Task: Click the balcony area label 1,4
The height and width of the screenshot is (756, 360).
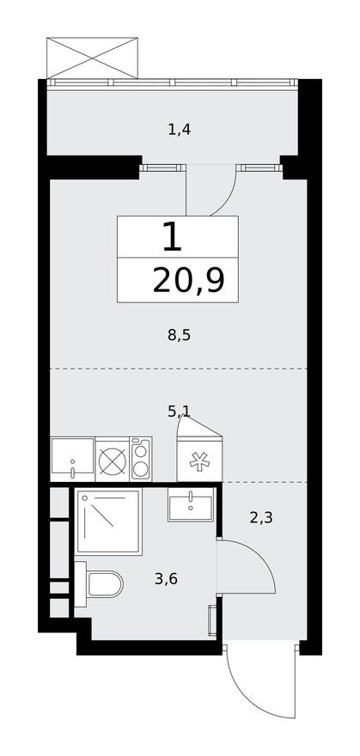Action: pos(179,131)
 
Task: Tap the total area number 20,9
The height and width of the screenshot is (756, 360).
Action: pos(188,280)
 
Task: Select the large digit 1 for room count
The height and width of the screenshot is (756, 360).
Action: pos(172,236)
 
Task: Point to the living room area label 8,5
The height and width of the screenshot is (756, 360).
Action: pos(179,335)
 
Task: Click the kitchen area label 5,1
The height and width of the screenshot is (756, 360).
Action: pos(179,411)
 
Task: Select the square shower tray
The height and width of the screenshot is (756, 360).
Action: pos(108,521)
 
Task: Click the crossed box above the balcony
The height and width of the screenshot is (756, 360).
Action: pos(92,58)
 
